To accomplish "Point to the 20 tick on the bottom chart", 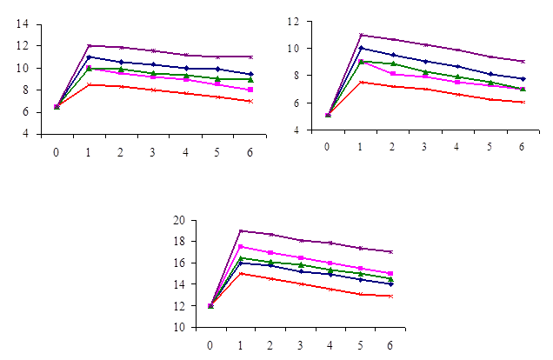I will click(178, 220).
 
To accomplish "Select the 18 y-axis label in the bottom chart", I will click(178, 242).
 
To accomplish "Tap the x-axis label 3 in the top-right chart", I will click(425, 146).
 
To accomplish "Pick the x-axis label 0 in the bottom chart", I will click(210, 344).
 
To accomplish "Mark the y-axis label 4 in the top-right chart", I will click(298, 130).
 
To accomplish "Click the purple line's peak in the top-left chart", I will click(89, 45).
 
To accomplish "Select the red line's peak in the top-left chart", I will click(89, 84).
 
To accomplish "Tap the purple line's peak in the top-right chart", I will click(360, 35).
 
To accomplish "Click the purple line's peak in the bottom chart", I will click(241, 230).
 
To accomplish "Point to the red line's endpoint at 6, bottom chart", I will click(390, 297).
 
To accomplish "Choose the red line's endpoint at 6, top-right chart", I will click(522, 102).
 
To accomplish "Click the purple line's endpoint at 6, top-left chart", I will click(250, 57).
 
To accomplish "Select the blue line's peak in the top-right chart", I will click(360, 48).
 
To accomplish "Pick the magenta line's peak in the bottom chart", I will click(241, 247).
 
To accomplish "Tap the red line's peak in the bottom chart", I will click(241, 273).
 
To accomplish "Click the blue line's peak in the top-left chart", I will click(89, 57).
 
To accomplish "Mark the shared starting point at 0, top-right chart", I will click(328, 115).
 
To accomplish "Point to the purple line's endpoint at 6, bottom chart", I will click(390, 252).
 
